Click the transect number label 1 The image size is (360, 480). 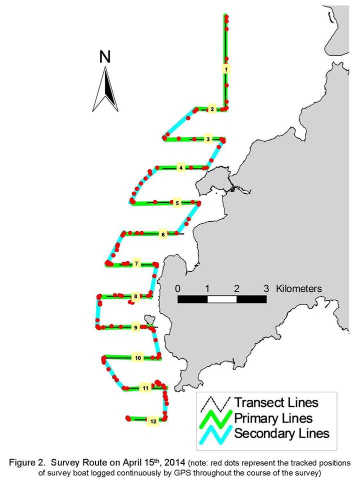pyautogui.click(x=226, y=70)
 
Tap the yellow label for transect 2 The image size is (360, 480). pyautogui.click(x=212, y=109)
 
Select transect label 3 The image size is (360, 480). pyautogui.click(x=208, y=139)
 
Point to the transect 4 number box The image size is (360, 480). pyautogui.click(x=181, y=168)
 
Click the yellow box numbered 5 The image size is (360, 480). pyautogui.click(x=177, y=203)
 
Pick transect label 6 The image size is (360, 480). pyautogui.click(x=163, y=234)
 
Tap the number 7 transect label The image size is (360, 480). pyautogui.click(x=136, y=263)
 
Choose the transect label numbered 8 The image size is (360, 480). pyautogui.click(x=135, y=296)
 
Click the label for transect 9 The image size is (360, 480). pyautogui.click(x=135, y=327)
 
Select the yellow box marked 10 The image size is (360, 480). pyautogui.click(x=138, y=358)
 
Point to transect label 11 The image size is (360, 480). pyautogui.click(x=145, y=388)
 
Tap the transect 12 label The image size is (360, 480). pyautogui.click(x=153, y=421)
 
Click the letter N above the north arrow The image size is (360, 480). pyautogui.click(x=105, y=57)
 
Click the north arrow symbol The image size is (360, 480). pyautogui.click(x=105, y=89)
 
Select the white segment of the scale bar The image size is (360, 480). pyautogui.click(x=222, y=299)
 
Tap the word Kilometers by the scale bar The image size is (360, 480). pyautogui.click(x=299, y=288)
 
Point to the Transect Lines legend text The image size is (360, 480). pyautogui.click(x=276, y=402)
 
